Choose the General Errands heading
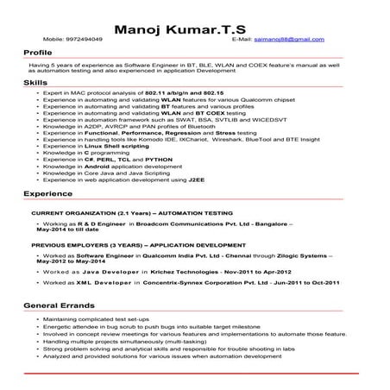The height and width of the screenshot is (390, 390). [x=60, y=306]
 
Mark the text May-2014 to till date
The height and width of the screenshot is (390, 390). [x=71, y=230]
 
